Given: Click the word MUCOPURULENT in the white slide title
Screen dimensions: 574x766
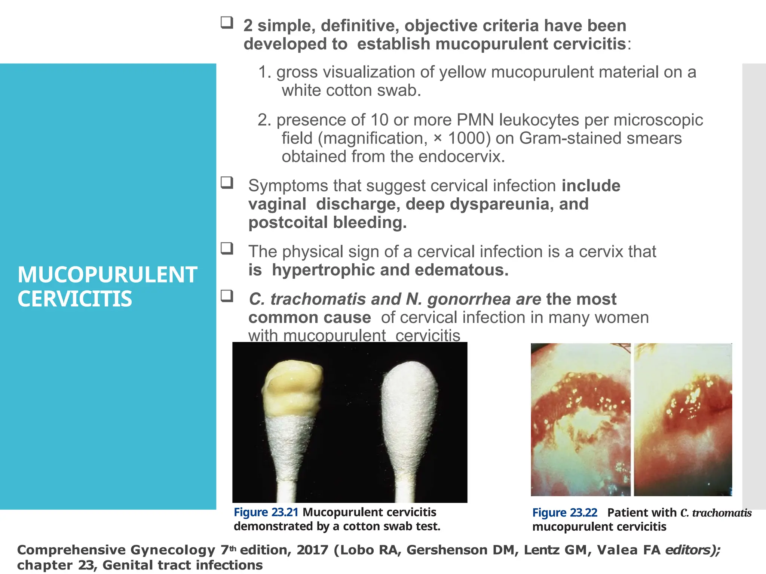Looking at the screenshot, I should [107, 275].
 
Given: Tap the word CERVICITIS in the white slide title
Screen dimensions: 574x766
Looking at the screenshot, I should [75, 299].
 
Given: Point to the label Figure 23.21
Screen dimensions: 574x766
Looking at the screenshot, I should [266, 512].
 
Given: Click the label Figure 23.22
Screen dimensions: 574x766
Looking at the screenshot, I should [565, 513].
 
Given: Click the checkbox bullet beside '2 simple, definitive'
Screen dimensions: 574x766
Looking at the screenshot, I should [227, 23].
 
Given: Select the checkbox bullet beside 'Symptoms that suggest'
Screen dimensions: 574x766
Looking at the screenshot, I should [227, 183].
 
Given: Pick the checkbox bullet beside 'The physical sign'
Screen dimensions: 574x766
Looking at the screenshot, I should [227, 249].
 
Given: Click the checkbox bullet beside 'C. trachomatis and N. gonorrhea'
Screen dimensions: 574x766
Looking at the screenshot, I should [227, 296].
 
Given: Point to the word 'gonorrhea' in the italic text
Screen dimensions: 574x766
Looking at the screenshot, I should [469, 299].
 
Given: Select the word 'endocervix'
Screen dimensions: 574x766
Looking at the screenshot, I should [462, 157].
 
